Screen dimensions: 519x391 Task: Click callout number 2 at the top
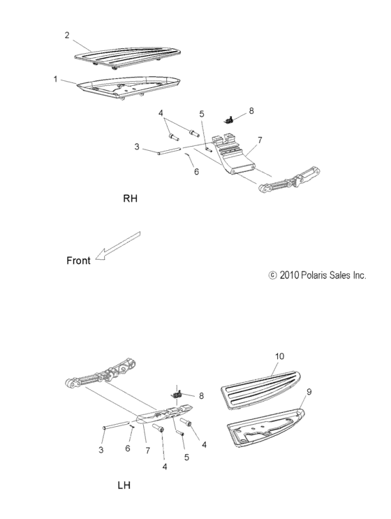[x=67, y=34]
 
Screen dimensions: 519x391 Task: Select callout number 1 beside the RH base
[x=55, y=79]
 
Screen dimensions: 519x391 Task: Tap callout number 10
[x=279, y=356]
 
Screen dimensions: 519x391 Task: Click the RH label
[x=131, y=198]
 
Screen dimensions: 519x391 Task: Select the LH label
[x=124, y=483]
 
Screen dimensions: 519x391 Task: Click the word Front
[x=78, y=261]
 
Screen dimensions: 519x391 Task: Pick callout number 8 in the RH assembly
[x=251, y=110]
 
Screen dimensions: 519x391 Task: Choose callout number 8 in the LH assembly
[x=201, y=395]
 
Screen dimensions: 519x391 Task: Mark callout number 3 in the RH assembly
[x=138, y=147]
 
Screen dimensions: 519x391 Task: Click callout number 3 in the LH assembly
[x=101, y=451]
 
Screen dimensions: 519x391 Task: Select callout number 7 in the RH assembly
[x=259, y=140]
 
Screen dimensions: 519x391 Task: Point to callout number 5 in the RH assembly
[x=202, y=113]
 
